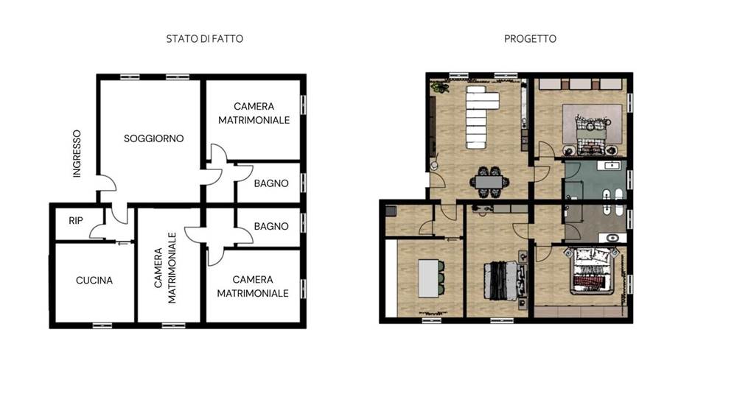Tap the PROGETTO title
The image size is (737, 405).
point(530,38)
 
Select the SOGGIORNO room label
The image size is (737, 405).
point(153,138)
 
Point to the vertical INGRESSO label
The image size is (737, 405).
point(77,154)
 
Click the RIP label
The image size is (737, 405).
point(75,220)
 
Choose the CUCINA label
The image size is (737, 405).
point(94,281)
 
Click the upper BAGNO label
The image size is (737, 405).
point(270,183)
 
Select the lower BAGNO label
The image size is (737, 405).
point(270,226)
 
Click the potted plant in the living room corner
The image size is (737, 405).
point(440,88)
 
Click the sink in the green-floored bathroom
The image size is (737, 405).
point(611,166)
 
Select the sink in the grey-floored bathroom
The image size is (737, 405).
point(611,237)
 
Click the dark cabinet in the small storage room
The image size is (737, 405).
point(391,211)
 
